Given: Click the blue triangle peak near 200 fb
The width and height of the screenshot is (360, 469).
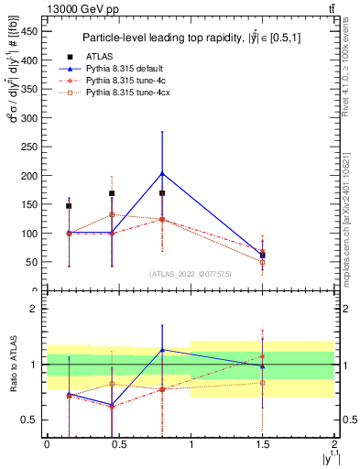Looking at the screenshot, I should click(162, 173).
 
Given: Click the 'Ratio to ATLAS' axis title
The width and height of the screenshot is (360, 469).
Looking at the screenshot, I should click(12, 365).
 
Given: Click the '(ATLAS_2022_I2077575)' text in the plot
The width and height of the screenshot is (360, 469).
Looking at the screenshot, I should click(190, 273).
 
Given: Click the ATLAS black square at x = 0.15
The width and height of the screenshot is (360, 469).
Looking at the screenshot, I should click(69, 206).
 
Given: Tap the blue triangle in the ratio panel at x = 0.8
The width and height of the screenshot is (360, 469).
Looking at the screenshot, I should click(162, 350).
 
